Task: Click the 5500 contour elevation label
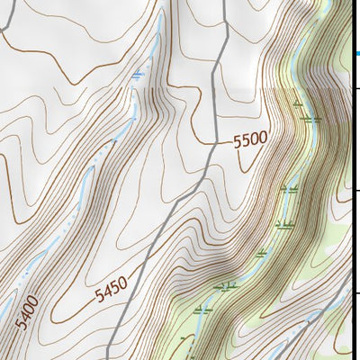pyautogui.click(x=249, y=139)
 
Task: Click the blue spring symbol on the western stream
pyautogui.click(x=137, y=76)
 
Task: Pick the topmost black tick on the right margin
pyautogui.click(x=355, y=87)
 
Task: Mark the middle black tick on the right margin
pyautogui.click(x=355, y=190)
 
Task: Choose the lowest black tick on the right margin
pyautogui.click(x=355, y=292)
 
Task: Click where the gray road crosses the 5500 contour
pyautogui.click(x=210, y=144)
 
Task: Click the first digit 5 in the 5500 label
pyautogui.click(x=238, y=142)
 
